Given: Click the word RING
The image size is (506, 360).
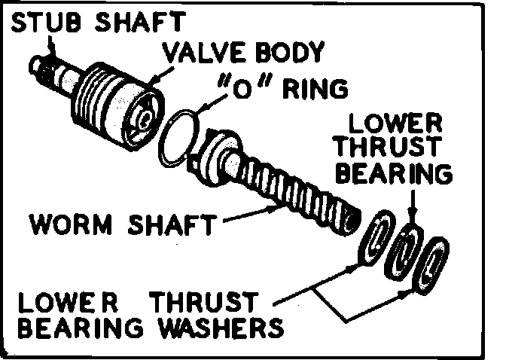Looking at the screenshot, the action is pyautogui.click(x=315, y=89).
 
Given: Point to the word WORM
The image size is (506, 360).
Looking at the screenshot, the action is pyautogui.click(x=70, y=224).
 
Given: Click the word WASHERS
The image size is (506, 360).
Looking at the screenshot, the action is pyautogui.click(x=221, y=328).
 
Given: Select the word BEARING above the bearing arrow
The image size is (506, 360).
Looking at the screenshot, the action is pyautogui.click(x=393, y=173).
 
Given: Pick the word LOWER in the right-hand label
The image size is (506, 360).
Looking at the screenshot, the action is pyautogui.click(x=395, y=124).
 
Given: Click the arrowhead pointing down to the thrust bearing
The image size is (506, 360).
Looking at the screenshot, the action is pyautogui.click(x=413, y=216).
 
